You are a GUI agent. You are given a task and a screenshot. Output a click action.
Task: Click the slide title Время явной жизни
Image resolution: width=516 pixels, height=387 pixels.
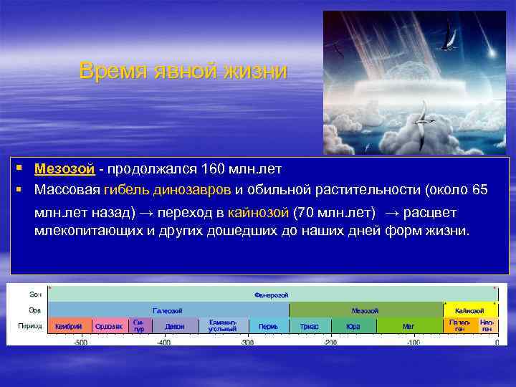(x=183, y=72)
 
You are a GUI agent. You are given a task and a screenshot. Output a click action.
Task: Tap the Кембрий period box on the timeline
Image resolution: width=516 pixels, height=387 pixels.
(x=69, y=326)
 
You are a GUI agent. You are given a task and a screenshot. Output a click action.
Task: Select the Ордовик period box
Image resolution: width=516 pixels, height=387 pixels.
(x=109, y=326)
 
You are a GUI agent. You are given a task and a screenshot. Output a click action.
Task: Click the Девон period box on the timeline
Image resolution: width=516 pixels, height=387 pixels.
(x=174, y=326)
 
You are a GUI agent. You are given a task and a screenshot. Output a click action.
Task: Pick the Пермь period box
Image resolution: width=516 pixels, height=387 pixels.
(x=268, y=326)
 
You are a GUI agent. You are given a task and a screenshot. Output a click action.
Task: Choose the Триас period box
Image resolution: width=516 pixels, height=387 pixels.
(x=310, y=326)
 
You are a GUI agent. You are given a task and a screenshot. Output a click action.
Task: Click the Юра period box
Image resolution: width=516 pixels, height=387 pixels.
(x=353, y=326)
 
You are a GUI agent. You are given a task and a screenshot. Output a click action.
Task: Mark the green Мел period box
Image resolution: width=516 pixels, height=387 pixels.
(x=408, y=326)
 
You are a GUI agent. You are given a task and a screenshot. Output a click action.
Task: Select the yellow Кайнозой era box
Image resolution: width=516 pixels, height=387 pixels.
(x=470, y=310)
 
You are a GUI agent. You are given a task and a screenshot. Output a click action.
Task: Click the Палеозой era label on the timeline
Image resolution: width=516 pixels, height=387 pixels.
(x=168, y=310)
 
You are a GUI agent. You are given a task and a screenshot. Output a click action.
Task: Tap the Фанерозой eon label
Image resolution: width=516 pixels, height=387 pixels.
(x=272, y=295)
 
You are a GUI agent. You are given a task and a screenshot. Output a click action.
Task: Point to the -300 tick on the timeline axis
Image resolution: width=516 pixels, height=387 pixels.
(x=247, y=343)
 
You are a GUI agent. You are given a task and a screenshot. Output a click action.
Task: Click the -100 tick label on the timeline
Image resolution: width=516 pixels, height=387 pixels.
(x=413, y=343)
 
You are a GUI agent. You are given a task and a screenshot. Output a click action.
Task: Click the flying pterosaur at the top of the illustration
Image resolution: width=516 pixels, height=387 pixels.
(x=449, y=32)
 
